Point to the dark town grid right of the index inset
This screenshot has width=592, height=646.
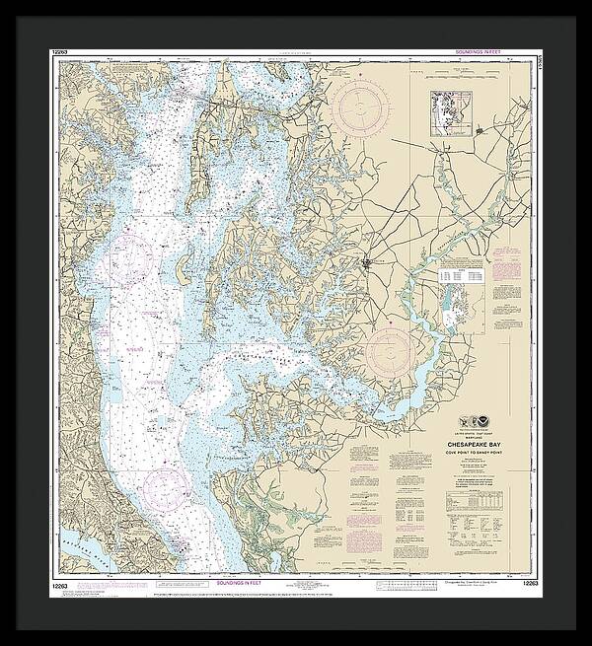point(480,129)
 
